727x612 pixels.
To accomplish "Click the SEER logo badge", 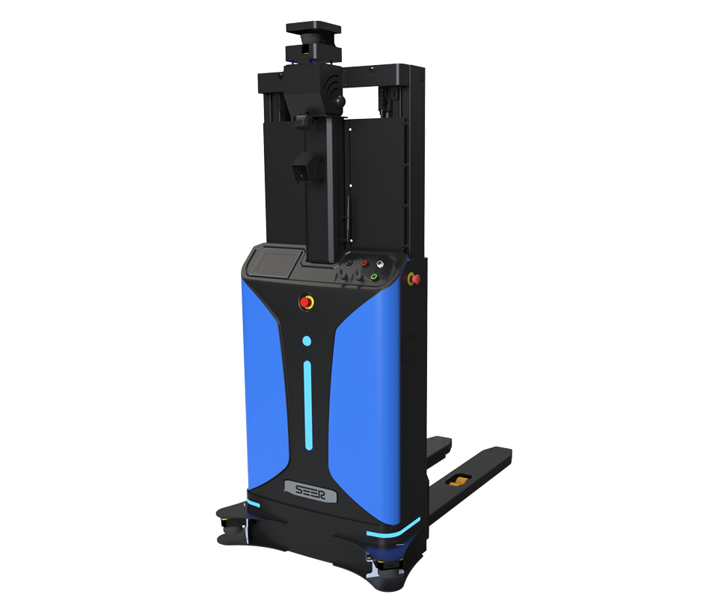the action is [310, 492].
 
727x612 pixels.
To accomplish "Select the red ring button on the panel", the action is [364, 263].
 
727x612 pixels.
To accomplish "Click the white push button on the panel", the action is [380, 264].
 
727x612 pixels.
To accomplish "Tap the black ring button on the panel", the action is [349, 263].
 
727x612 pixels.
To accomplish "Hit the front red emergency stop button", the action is [306, 302].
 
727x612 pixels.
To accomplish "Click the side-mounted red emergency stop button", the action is [414, 278].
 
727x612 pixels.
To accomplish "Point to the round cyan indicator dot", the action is [307, 341].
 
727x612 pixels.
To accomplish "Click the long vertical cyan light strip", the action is [308, 406].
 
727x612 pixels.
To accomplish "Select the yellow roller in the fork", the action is [458, 480].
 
